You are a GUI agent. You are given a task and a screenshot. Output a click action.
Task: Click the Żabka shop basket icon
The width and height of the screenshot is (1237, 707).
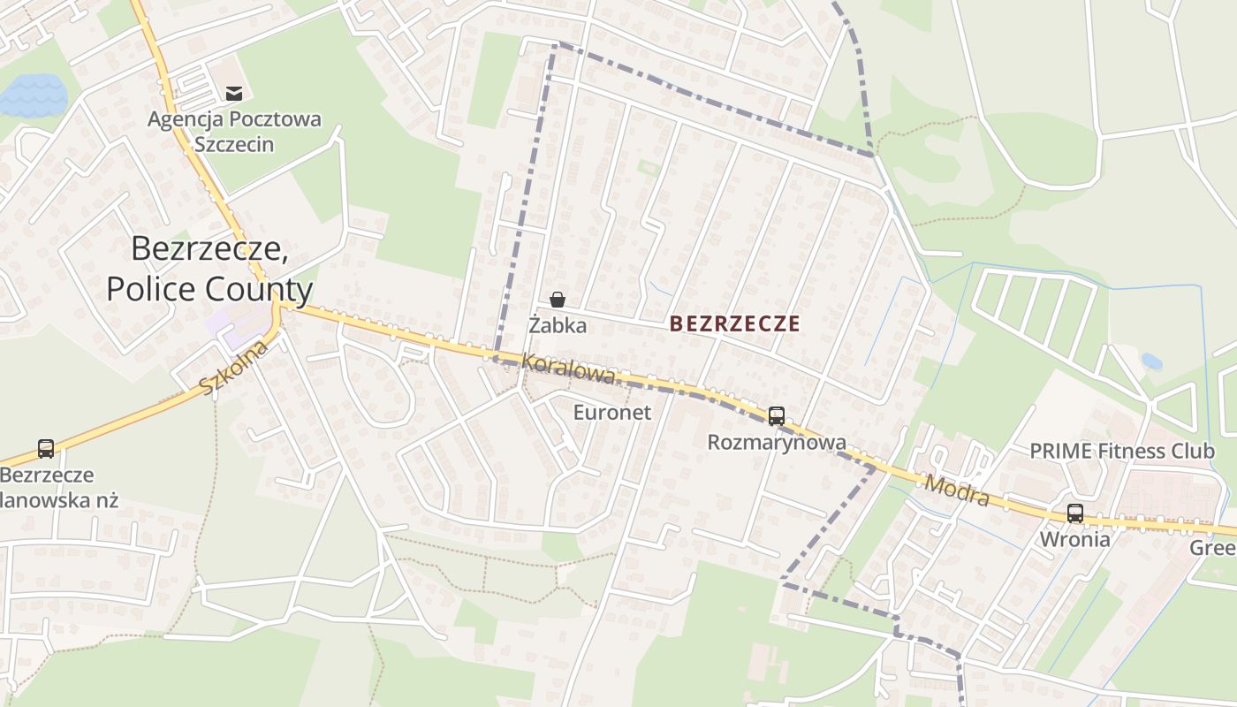click(x=557, y=300)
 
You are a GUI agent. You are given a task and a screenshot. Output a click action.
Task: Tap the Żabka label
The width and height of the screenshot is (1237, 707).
click(x=558, y=325)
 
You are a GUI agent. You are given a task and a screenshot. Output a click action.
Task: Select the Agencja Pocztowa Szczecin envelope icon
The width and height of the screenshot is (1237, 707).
click(x=234, y=93)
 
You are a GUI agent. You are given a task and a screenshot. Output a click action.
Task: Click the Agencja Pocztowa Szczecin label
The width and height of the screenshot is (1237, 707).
click(x=234, y=131)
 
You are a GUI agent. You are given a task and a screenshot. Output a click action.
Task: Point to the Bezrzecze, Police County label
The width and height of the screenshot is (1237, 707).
click(x=209, y=269)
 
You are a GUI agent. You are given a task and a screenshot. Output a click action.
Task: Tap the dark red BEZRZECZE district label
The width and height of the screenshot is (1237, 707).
click(x=734, y=323)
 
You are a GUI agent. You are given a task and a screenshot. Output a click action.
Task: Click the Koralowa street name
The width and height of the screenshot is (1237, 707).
click(x=567, y=369)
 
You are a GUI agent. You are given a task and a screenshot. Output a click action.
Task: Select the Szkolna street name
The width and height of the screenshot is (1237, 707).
click(x=233, y=369)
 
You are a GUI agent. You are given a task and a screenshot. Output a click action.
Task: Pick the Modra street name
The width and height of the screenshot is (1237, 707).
click(x=957, y=490)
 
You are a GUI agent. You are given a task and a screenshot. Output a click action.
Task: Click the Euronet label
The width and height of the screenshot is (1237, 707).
click(x=611, y=412)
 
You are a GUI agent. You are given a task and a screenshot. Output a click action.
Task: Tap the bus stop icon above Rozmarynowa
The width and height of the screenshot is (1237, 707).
click(x=776, y=415)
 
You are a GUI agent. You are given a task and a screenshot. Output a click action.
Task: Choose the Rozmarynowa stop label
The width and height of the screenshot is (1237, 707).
click(x=777, y=442)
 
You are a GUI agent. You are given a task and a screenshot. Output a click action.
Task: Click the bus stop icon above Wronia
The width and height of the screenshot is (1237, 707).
click(x=1074, y=513)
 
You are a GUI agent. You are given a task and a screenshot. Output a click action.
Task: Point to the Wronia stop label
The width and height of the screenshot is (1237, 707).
click(x=1074, y=539)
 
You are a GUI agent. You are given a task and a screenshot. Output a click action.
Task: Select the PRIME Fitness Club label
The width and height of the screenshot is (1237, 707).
click(x=1122, y=451)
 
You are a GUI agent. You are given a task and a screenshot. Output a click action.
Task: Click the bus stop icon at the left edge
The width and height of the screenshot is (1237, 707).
click(x=46, y=449)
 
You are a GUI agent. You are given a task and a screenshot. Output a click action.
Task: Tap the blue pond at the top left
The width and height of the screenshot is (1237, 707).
click(x=34, y=95)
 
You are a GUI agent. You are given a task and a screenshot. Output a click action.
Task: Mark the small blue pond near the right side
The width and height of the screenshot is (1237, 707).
click(x=1151, y=361)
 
